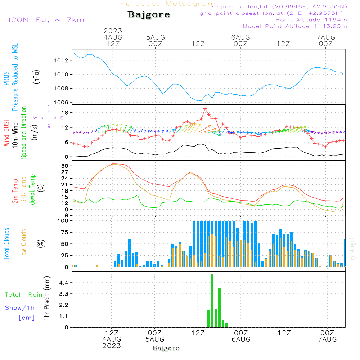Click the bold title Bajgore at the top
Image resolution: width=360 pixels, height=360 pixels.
pyautogui.click(x=149, y=15)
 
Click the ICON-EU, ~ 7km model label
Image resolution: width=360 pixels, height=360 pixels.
pyautogui.click(x=46, y=20)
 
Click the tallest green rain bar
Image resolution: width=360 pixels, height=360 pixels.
pyautogui.click(x=212, y=301)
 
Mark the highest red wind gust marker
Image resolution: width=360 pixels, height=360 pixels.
pyautogui.click(x=205, y=109)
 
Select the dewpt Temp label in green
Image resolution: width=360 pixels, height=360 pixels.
pyautogui.click(x=33, y=190)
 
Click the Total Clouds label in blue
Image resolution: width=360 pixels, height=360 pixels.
pyautogui.click(x=6, y=244)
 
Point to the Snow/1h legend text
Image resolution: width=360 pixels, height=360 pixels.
pyautogui.click(x=20, y=308)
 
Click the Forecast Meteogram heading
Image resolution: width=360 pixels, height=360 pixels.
pyautogui.click(x=167, y=4)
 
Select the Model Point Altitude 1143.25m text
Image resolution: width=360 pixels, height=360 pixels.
pyautogui.click(x=295, y=26)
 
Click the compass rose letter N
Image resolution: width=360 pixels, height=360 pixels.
pyautogui.click(x=49, y=107)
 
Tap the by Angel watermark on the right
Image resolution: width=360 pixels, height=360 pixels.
pyautogui.click(x=352, y=249)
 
